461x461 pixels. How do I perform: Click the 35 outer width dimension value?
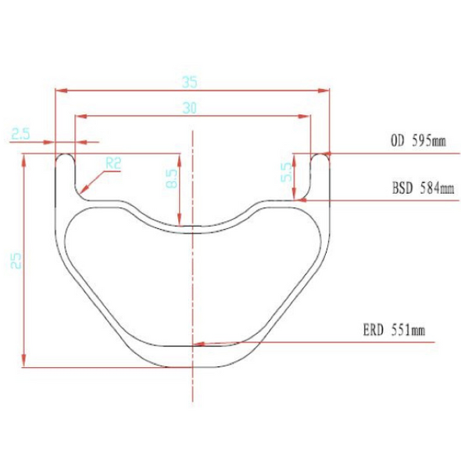coord(189,82)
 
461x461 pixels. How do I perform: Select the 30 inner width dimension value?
coord(189,108)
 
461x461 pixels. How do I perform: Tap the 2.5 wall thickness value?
coord(20,134)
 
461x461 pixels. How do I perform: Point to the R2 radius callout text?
coord(113,163)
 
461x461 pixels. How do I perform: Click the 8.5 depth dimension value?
coord(172,178)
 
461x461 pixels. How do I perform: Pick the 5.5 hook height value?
coord(287,172)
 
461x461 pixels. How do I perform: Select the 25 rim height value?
coord(16,260)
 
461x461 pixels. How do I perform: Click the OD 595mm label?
coord(418,141)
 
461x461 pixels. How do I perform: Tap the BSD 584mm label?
coord(423,188)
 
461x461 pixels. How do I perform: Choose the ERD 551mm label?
coord(394,330)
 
